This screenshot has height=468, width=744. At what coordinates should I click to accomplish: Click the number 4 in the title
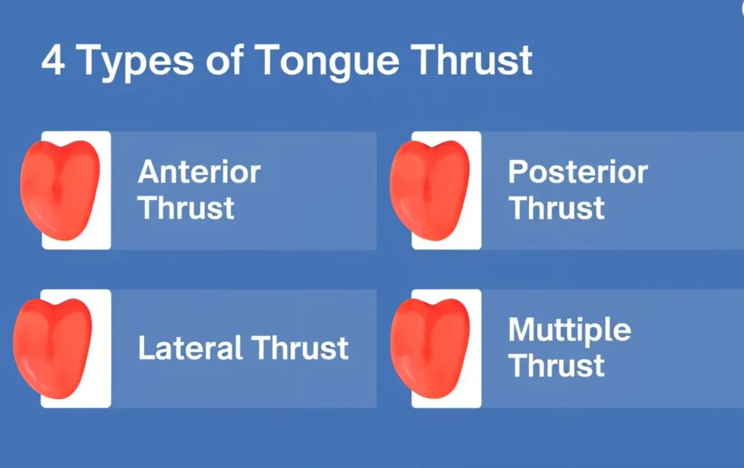coord(53,60)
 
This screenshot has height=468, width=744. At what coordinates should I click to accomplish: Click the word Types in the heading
coord(134,62)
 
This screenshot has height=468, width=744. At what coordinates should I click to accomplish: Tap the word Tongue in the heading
coord(328,62)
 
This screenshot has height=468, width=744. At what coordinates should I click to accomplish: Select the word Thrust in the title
coord(472,60)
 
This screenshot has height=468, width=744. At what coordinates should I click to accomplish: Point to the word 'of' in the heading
coord(225,59)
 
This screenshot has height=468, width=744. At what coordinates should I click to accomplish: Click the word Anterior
coord(199,172)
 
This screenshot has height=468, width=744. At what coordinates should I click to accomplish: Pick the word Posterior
coord(578,172)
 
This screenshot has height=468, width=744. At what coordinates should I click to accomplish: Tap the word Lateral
coord(190,348)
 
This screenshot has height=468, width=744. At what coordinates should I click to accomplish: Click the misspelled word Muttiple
coord(570,331)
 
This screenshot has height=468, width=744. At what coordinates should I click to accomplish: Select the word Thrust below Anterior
coord(186,208)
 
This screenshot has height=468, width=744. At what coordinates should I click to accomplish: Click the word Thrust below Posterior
coord(557,208)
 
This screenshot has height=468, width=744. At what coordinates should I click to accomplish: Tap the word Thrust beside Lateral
coord(300,348)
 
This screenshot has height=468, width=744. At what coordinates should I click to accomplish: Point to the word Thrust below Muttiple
coord(557,366)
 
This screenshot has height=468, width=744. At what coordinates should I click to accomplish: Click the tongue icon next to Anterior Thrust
coord(60,190)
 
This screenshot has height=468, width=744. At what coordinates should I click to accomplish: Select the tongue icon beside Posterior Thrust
coord(430,190)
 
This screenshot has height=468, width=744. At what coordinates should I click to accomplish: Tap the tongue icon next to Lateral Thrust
coord(52,348)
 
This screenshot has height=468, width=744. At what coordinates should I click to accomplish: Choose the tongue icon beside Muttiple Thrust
coord(430,348)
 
